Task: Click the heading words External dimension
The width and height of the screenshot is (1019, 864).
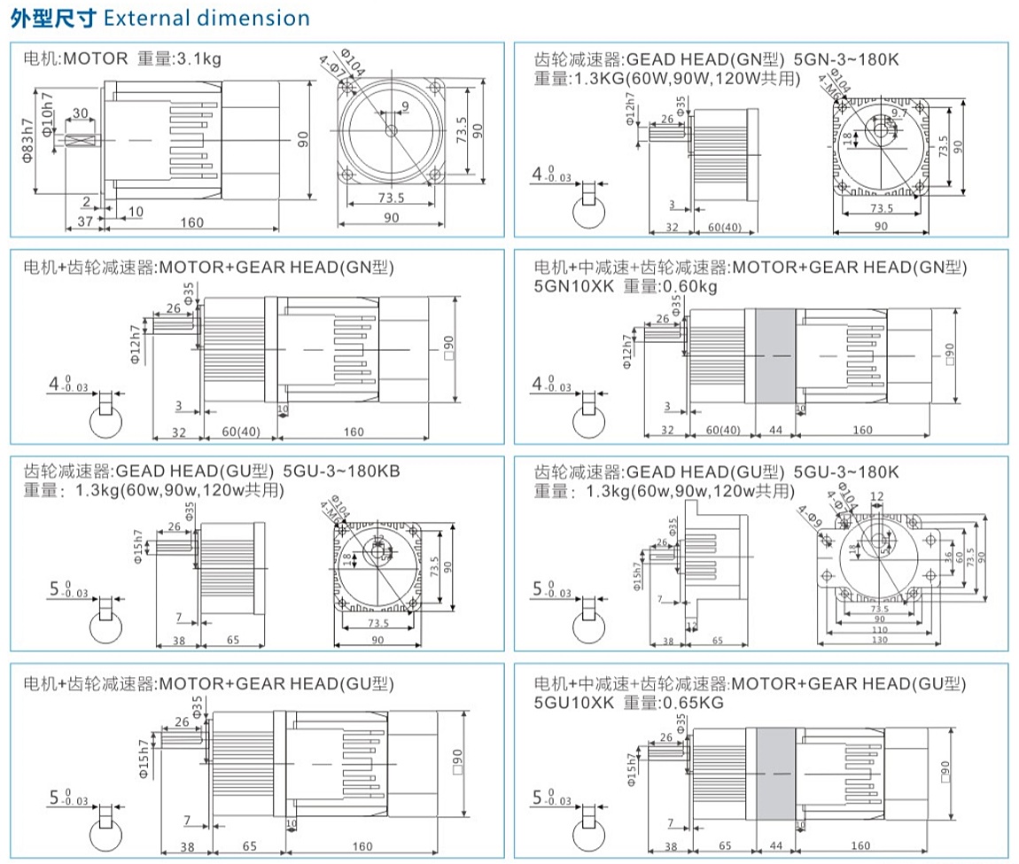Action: click(x=206, y=18)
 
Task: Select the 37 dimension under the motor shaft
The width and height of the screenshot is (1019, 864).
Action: click(x=84, y=222)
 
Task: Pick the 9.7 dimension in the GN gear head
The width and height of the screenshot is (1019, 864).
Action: click(x=899, y=113)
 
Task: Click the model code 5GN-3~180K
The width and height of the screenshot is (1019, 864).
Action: click(x=846, y=59)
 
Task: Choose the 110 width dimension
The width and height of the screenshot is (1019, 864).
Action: click(x=881, y=629)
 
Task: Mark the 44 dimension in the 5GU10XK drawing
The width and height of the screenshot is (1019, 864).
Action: click(x=774, y=846)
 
